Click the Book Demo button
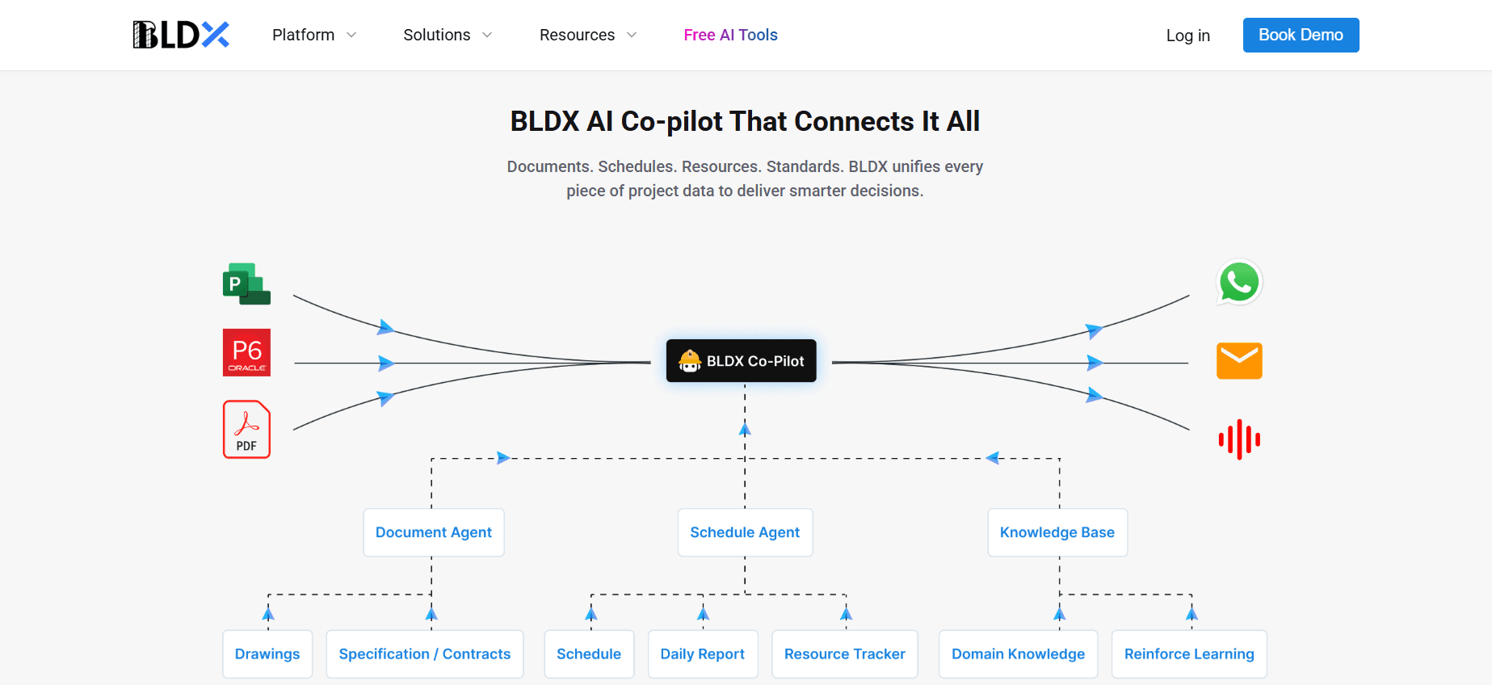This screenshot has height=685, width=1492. (x=1301, y=36)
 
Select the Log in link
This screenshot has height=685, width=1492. (x=1187, y=36)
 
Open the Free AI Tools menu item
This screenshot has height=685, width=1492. (x=730, y=35)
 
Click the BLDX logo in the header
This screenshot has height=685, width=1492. (x=181, y=35)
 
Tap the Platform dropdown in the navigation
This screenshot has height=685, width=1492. (x=313, y=35)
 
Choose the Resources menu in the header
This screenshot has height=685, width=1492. (x=587, y=35)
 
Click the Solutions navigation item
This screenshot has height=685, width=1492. (x=447, y=35)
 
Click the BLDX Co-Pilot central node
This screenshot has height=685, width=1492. (x=741, y=361)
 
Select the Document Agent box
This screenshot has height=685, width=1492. (x=434, y=532)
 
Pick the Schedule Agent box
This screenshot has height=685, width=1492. (x=745, y=532)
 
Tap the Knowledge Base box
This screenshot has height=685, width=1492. (x=1057, y=532)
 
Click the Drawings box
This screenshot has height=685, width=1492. (x=267, y=653)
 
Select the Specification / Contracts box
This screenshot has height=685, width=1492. (x=425, y=653)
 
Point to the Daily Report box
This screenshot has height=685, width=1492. (x=702, y=653)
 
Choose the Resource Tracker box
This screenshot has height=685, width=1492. (x=844, y=653)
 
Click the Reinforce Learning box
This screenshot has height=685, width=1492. (x=1189, y=653)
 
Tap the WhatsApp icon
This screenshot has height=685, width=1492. (x=1239, y=282)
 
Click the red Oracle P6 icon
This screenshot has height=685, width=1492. (x=246, y=352)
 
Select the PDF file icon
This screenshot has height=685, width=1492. (x=246, y=430)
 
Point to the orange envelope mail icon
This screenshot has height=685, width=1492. (x=1239, y=361)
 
